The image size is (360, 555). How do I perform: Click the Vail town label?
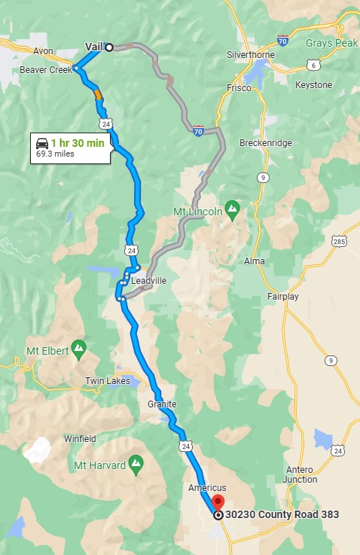(x=93, y=47)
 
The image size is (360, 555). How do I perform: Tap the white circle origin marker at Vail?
(x=108, y=47)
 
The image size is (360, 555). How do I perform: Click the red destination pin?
(x=218, y=503)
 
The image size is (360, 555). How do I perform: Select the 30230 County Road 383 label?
(x=281, y=515)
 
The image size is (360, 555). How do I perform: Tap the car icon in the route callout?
(x=43, y=142)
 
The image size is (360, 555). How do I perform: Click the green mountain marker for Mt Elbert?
(x=78, y=349)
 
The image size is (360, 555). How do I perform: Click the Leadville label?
(x=148, y=280)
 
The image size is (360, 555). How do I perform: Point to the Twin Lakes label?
(x=107, y=381)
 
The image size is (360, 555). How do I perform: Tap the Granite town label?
(x=162, y=404)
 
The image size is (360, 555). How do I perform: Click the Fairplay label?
(x=283, y=297)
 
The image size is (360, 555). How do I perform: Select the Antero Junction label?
(x=301, y=474)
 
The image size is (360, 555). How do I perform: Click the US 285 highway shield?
(x=340, y=241)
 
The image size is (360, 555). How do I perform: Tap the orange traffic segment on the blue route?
(x=98, y=95)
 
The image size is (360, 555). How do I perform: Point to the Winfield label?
(x=80, y=438)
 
